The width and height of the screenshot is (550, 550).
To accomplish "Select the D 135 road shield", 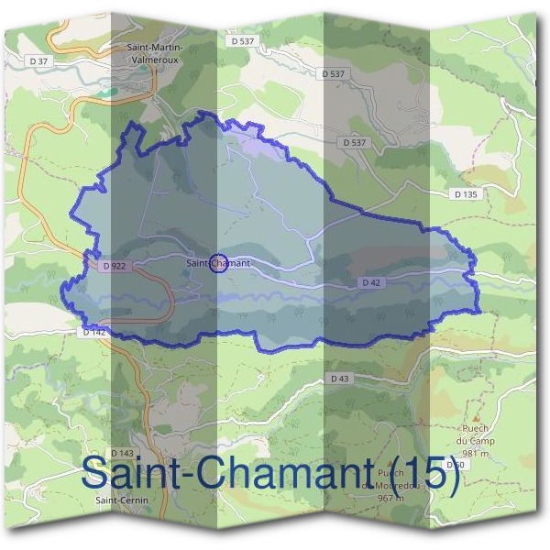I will pos(466,194).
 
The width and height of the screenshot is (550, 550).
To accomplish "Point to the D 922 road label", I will pos(114,266).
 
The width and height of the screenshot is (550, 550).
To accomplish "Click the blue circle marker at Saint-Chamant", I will pos(218,263).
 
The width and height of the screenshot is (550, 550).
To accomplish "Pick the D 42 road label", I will pos(370,283).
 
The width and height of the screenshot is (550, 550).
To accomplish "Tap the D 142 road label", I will pos(94,333).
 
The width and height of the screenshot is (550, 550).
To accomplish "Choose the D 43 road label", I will pos(339,378).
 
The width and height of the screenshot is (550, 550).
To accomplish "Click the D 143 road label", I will pos(122,453).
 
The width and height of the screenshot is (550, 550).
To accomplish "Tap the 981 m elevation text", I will pos(478,453).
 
